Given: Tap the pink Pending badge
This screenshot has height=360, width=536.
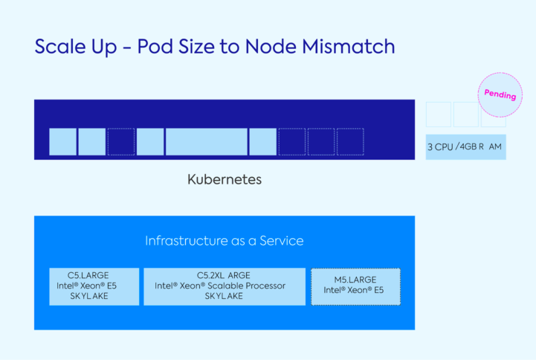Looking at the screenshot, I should tap(500, 95).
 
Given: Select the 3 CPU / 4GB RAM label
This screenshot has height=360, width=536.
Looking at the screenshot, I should tap(465, 147).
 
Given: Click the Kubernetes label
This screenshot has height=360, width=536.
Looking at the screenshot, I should tap(225, 180).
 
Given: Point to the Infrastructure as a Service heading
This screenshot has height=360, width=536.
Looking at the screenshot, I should tap(224, 241).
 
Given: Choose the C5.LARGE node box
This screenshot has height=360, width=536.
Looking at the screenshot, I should tap(94, 286).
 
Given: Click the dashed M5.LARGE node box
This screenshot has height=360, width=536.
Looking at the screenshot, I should tap(355, 286).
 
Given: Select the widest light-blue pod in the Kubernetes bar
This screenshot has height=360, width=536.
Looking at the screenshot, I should tap(206, 141).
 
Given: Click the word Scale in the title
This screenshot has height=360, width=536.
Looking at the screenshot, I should tap(59, 46).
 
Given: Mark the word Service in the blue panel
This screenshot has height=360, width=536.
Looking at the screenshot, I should tap(282, 241).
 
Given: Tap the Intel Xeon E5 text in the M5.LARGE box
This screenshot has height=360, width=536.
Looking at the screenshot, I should tap(355, 291).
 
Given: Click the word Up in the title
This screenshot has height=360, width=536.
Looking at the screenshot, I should tap(103, 48).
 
